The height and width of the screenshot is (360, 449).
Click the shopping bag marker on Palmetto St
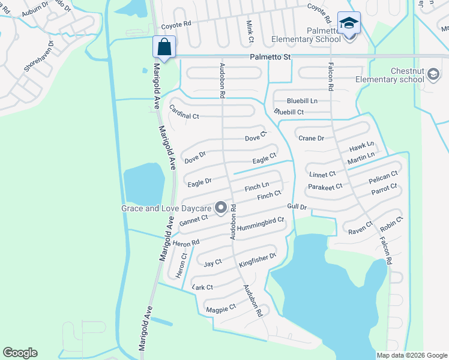(164, 46)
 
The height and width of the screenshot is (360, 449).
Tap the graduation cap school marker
(349, 23)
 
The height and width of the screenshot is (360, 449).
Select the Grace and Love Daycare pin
(220, 208)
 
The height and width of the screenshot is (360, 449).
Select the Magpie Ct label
(220, 308)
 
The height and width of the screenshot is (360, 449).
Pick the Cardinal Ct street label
(184, 111)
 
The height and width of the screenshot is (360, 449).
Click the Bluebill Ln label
(302, 100)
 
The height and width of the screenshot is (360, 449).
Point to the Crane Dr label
(312, 138)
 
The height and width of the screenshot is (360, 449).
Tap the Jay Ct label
(213, 263)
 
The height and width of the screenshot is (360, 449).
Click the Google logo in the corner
(20, 353)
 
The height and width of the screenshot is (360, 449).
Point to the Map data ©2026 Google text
(411, 355)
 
